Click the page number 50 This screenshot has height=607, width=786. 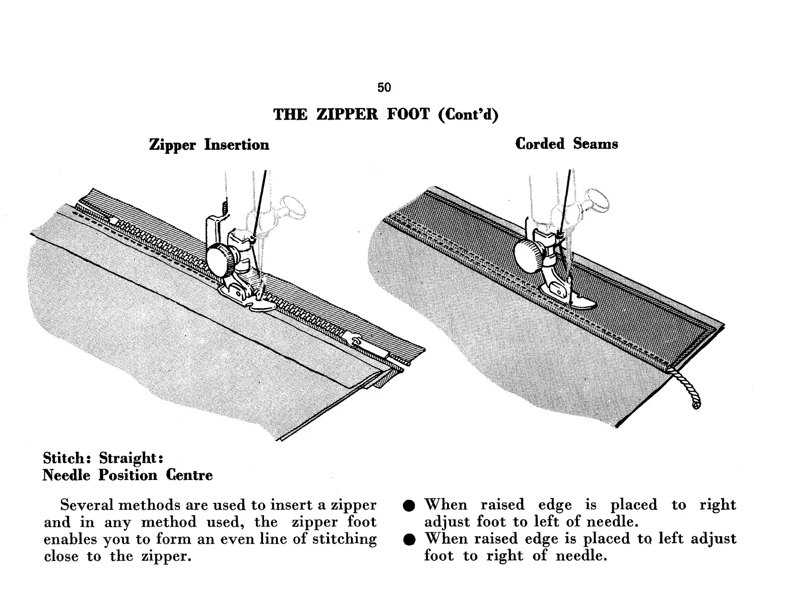click(x=384, y=88)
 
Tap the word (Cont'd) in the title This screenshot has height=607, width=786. click(x=468, y=115)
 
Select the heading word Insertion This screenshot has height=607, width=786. click(x=237, y=145)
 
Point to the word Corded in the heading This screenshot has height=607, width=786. click(x=540, y=144)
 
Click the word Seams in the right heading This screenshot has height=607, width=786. click(x=595, y=144)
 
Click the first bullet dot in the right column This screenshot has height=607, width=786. click(x=409, y=506)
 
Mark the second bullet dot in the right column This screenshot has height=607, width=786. click(x=409, y=540)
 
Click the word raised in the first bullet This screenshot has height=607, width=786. click(x=502, y=505)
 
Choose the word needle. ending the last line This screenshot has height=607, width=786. click(x=581, y=556)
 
